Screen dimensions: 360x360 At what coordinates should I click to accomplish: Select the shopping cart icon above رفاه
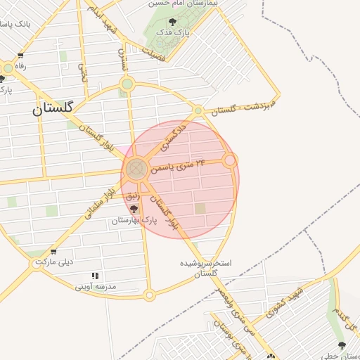(x=21, y=56)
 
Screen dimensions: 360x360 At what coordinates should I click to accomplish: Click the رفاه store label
(x=15, y=66)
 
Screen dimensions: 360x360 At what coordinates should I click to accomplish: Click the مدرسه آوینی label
(x=95, y=286)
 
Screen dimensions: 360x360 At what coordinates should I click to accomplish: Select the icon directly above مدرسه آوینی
(x=95, y=275)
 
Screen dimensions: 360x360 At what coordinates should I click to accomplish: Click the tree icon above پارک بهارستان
(x=134, y=209)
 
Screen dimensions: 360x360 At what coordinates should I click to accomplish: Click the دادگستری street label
(x=172, y=137)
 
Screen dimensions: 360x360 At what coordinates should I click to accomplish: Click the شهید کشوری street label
(x=288, y=302)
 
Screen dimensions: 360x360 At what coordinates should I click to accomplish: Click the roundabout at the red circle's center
(x=136, y=169)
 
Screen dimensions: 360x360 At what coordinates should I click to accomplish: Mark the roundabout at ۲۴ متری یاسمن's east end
(x=229, y=161)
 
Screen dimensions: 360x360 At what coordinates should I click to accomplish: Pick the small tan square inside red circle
(x=201, y=208)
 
